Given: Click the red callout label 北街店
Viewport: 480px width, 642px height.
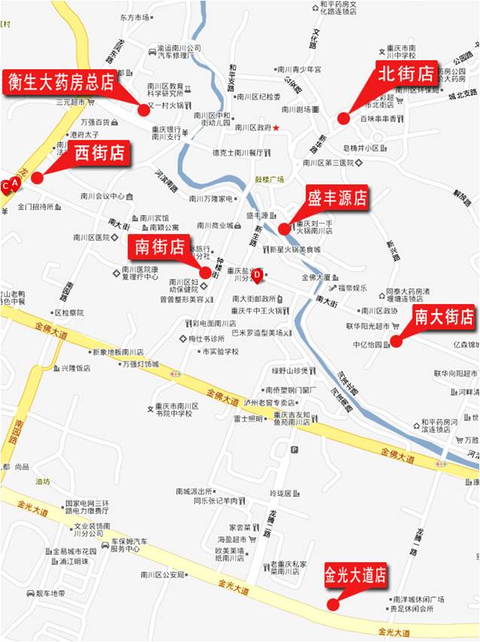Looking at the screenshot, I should pos(405,74).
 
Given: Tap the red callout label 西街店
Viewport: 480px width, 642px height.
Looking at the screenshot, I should pos(99,153).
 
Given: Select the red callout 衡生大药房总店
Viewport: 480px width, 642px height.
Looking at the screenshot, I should pos(61,81).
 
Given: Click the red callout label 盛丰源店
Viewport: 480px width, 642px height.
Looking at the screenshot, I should pos(337,198).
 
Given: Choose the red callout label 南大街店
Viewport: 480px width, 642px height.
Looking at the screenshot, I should pos(444,317).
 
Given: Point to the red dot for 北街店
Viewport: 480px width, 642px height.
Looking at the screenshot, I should pos(343,118).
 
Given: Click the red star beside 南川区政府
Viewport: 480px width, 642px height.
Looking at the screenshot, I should pos(277,128).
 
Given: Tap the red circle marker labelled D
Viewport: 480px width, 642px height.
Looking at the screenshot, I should pos(257,275).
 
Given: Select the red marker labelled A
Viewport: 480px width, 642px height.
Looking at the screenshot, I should pos(14,183).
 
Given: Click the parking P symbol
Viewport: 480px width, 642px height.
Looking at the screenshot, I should pos(294,450).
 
